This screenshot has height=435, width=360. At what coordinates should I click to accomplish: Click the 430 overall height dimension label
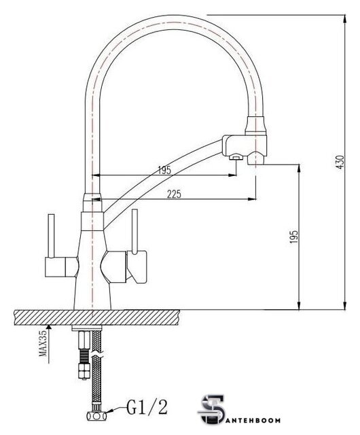[340, 162]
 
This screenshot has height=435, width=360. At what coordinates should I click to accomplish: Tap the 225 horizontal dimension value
[174, 194]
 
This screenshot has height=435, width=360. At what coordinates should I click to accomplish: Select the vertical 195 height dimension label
[293, 237]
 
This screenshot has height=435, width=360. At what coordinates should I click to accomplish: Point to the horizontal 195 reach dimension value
[164, 170]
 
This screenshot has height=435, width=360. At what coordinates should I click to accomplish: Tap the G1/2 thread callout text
[147, 407]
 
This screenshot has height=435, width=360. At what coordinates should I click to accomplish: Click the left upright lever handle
[51, 236]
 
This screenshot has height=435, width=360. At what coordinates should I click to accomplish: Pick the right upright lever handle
[134, 232]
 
